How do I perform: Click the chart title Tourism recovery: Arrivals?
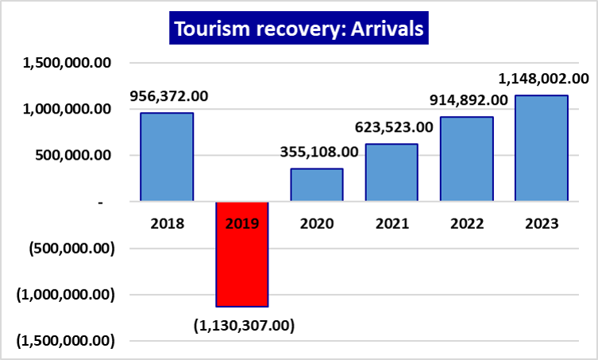[299, 30]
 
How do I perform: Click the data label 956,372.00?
[168, 96]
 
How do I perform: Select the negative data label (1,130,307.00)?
[244, 324]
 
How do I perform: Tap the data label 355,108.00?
[318, 152]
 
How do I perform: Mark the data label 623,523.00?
[393, 126]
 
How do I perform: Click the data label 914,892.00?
[468, 100]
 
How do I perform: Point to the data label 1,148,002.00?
[543, 79]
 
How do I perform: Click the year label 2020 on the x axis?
[317, 223]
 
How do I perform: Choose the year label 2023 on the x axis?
[542, 223]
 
